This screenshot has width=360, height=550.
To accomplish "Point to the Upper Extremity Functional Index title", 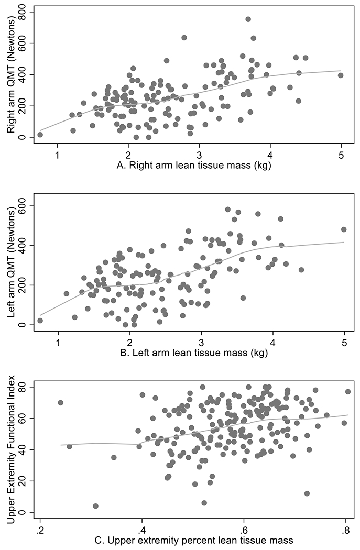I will pos(10,450).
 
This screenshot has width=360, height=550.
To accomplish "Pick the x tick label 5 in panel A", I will pos(341,156).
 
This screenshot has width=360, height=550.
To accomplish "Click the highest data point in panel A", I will pos(248,19).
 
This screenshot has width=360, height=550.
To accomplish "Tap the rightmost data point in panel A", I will pos(341,75).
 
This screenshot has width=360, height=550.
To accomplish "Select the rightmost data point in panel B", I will pos(344,229).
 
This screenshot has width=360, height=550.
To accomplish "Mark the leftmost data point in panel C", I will pos(60,403).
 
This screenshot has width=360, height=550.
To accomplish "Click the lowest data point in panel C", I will pos(95,506).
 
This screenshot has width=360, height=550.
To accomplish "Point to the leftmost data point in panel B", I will pos(40,321).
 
